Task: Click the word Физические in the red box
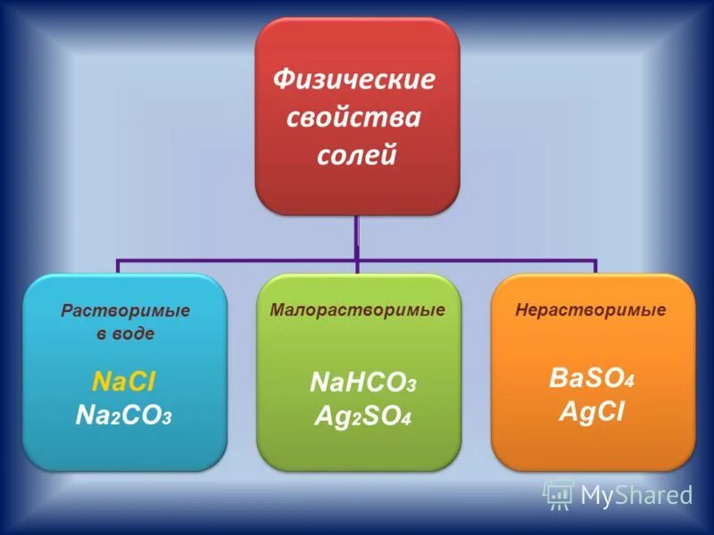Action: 355,80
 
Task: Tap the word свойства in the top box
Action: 355,119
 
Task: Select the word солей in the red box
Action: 355,156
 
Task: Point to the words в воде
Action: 125,334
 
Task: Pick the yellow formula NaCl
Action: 124,382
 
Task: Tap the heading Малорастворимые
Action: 357,310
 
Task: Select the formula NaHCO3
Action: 362,383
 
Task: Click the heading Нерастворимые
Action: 591,310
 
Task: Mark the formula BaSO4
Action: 591,378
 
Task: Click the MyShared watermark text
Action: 635,494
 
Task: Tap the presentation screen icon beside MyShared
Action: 558,493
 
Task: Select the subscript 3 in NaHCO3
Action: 411,387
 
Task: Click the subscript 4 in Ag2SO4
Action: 406,419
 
